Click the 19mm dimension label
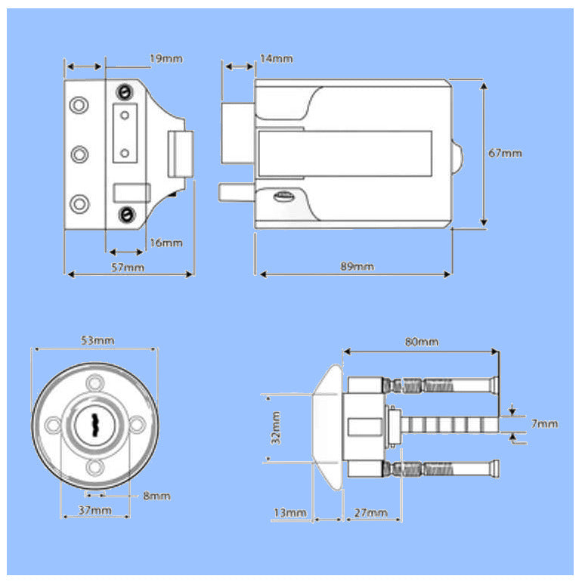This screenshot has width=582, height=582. (x=166, y=58)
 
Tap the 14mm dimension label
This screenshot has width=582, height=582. (x=276, y=58)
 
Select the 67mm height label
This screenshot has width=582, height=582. (x=505, y=153)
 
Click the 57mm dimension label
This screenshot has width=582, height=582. (x=128, y=267)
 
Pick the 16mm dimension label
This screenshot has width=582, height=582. (x=166, y=243)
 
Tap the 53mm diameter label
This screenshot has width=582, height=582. (x=98, y=340)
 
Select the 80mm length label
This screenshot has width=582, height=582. (x=421, y=342)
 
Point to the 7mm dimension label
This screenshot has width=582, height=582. (x=544, y=423)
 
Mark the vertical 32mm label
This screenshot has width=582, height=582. (x=277, y=427)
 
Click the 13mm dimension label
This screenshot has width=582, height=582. (x=289, y=513)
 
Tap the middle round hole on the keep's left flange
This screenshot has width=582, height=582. (x=79, y=154)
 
